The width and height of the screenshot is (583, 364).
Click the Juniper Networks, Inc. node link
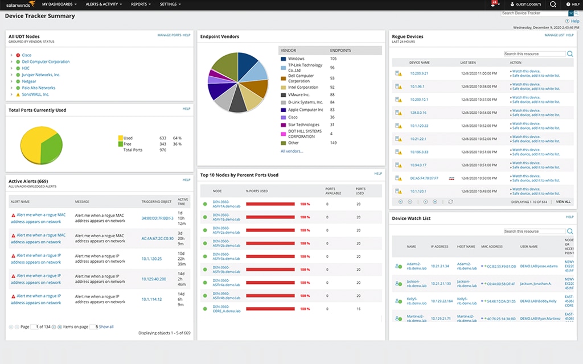pos(41,75)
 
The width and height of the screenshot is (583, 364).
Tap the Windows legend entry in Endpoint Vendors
pos(296,59)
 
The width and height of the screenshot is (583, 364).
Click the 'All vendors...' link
pos(291,151)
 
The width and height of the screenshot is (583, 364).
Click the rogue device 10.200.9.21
pos(419,73)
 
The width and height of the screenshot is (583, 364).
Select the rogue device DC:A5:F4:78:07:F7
pos(424,178)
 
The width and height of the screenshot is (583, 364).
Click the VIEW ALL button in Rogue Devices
pos(563,201)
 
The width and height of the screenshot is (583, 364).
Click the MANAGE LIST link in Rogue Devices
pos(555,35)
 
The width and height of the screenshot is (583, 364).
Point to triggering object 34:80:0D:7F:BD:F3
pos(158,218)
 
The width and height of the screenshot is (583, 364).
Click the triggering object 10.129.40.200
pos(154,279)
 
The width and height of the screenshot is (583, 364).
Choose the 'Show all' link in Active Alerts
pos(106,327)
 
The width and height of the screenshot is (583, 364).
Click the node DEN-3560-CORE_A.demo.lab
pos(227,309)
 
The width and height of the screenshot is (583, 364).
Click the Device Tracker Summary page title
pos(40,16)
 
